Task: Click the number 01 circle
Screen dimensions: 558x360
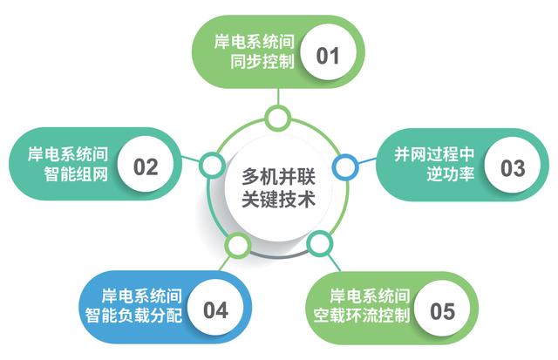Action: [328, 52]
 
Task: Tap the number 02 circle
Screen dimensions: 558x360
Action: [146, 165]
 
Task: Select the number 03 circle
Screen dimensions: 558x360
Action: [512, 166]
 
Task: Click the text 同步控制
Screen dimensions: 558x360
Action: [262, 62]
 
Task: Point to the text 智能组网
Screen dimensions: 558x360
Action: [76, 174]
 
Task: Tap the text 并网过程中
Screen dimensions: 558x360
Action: [434, 154]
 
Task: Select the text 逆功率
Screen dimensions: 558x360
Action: [451, 174]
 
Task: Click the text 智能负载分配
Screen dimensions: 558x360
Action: [133, 316]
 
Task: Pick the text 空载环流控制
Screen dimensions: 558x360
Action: [361, 316]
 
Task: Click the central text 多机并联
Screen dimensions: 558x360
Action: [278, 176]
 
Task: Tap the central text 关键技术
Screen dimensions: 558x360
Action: [278, 198]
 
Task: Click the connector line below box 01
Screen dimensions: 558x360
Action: [278, 97]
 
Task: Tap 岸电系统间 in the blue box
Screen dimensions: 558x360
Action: [141, 296]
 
